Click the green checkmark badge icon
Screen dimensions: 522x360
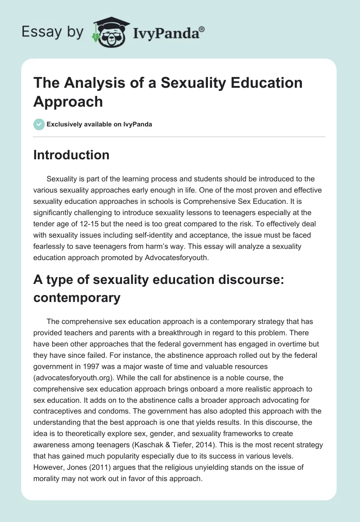pos(39,124)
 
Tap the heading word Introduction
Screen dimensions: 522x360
pos(71,155)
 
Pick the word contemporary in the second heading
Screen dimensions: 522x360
pos(77,297)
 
